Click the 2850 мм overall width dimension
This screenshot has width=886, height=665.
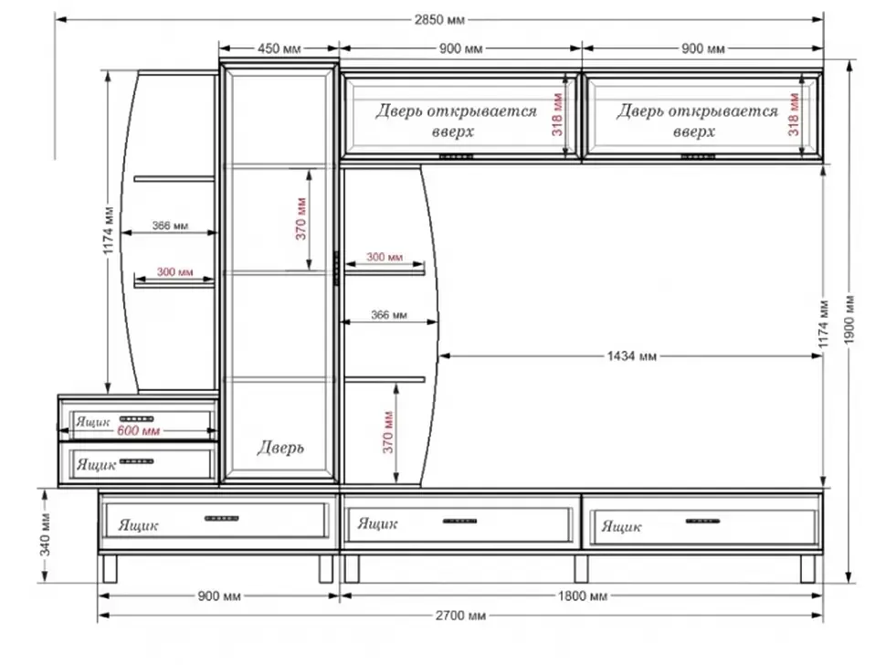[439, 20]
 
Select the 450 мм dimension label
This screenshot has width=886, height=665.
[280, 48]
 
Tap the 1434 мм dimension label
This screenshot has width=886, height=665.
[632, 356]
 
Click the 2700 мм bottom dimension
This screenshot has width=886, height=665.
[460, 616]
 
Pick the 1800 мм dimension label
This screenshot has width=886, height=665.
[583, 596]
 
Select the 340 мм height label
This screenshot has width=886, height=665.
[45, 534]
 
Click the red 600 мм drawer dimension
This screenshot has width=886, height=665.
[139, 430]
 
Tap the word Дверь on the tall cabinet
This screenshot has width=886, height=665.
[280, 448]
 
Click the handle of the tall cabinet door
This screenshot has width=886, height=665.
[335, 269]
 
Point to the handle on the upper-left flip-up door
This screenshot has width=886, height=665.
[456, 156]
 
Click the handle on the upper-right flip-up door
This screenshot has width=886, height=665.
[698, 156]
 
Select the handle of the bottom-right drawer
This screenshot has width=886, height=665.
[702, 521]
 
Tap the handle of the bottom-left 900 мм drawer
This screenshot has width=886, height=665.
[221, 518]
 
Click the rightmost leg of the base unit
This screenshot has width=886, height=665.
[807, 568]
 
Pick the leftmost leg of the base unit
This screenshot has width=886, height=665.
[110, 568]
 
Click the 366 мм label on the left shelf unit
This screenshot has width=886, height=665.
[170, 226]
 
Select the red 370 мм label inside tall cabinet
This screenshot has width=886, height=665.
[301, 218]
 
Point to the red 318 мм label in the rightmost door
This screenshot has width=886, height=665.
[794, 115]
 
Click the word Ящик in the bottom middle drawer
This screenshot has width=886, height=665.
[377, 523]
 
